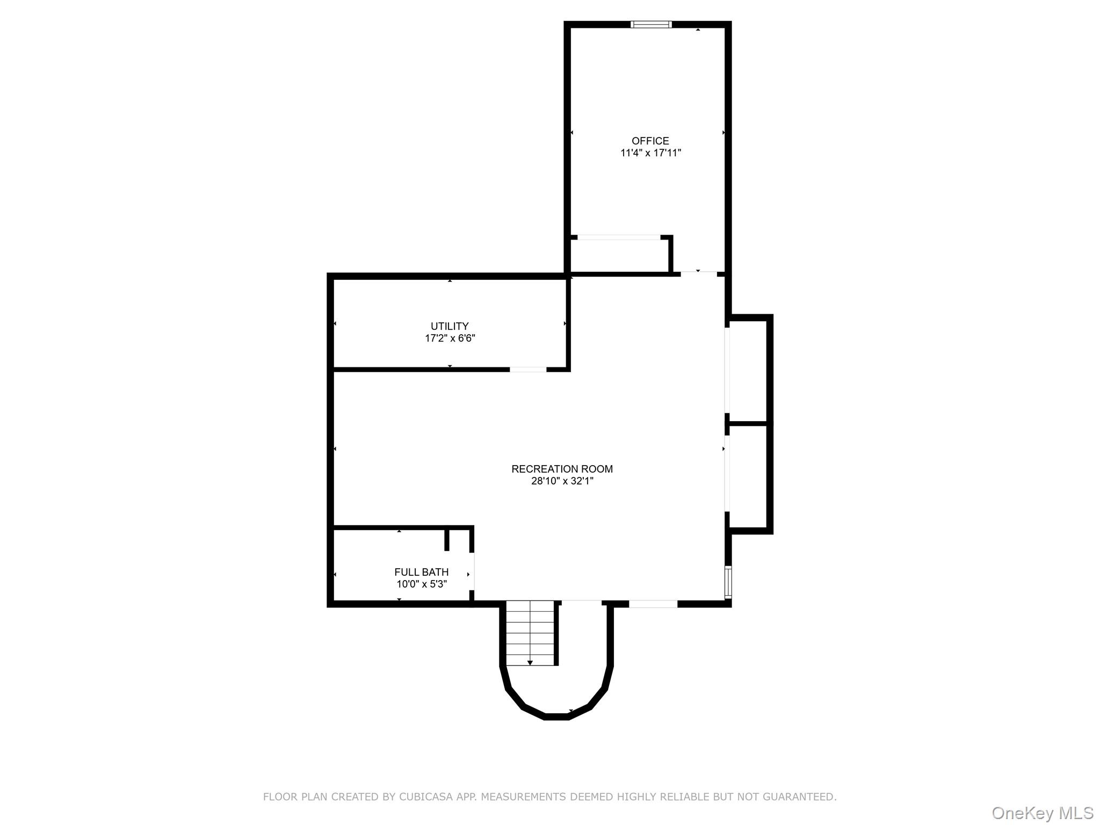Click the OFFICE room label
click(x=650, y=141)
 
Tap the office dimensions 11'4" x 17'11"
click(x=650, y=153)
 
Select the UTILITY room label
click(x=450, y=326)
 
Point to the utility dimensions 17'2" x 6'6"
click(x=450, y=338)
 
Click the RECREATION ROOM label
click(x=562, y=469)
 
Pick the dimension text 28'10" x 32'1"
click(x=562, y=481)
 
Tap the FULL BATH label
click(x=421, y=572)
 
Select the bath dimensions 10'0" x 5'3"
click(x=421, y=584)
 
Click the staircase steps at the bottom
click(x=530, y=631)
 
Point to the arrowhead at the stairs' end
click(x=530, y=663)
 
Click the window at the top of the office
click(x=651, y=24)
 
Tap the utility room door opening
click(x=528, y=370)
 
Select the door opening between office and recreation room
click(x=699, y=274)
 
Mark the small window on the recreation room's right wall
click(x=728, y=582)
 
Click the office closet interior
click(x=619, y=256)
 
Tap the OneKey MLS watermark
click(x=1042, y=813)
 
